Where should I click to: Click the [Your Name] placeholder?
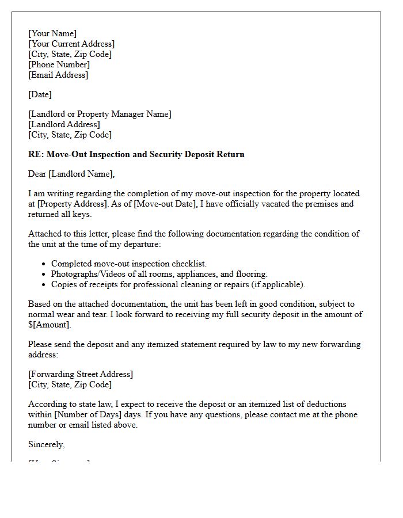coord(52,33)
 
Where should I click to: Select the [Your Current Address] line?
coord(71,44)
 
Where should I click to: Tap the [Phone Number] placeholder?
coord(59,64)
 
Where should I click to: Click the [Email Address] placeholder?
coord(58,75)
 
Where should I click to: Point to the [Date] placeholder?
coord(40,94)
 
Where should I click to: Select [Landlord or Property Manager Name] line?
coord(100,114)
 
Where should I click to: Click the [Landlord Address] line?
coord(64,124)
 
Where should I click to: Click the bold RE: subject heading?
coord(136,154)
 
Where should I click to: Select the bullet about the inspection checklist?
coord(128,264)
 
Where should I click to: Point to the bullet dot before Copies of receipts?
coord(44,284)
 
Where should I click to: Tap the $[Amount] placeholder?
coord(49,325)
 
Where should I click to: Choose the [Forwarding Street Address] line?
coord(81,374)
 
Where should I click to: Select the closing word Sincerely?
coord(46,444)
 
